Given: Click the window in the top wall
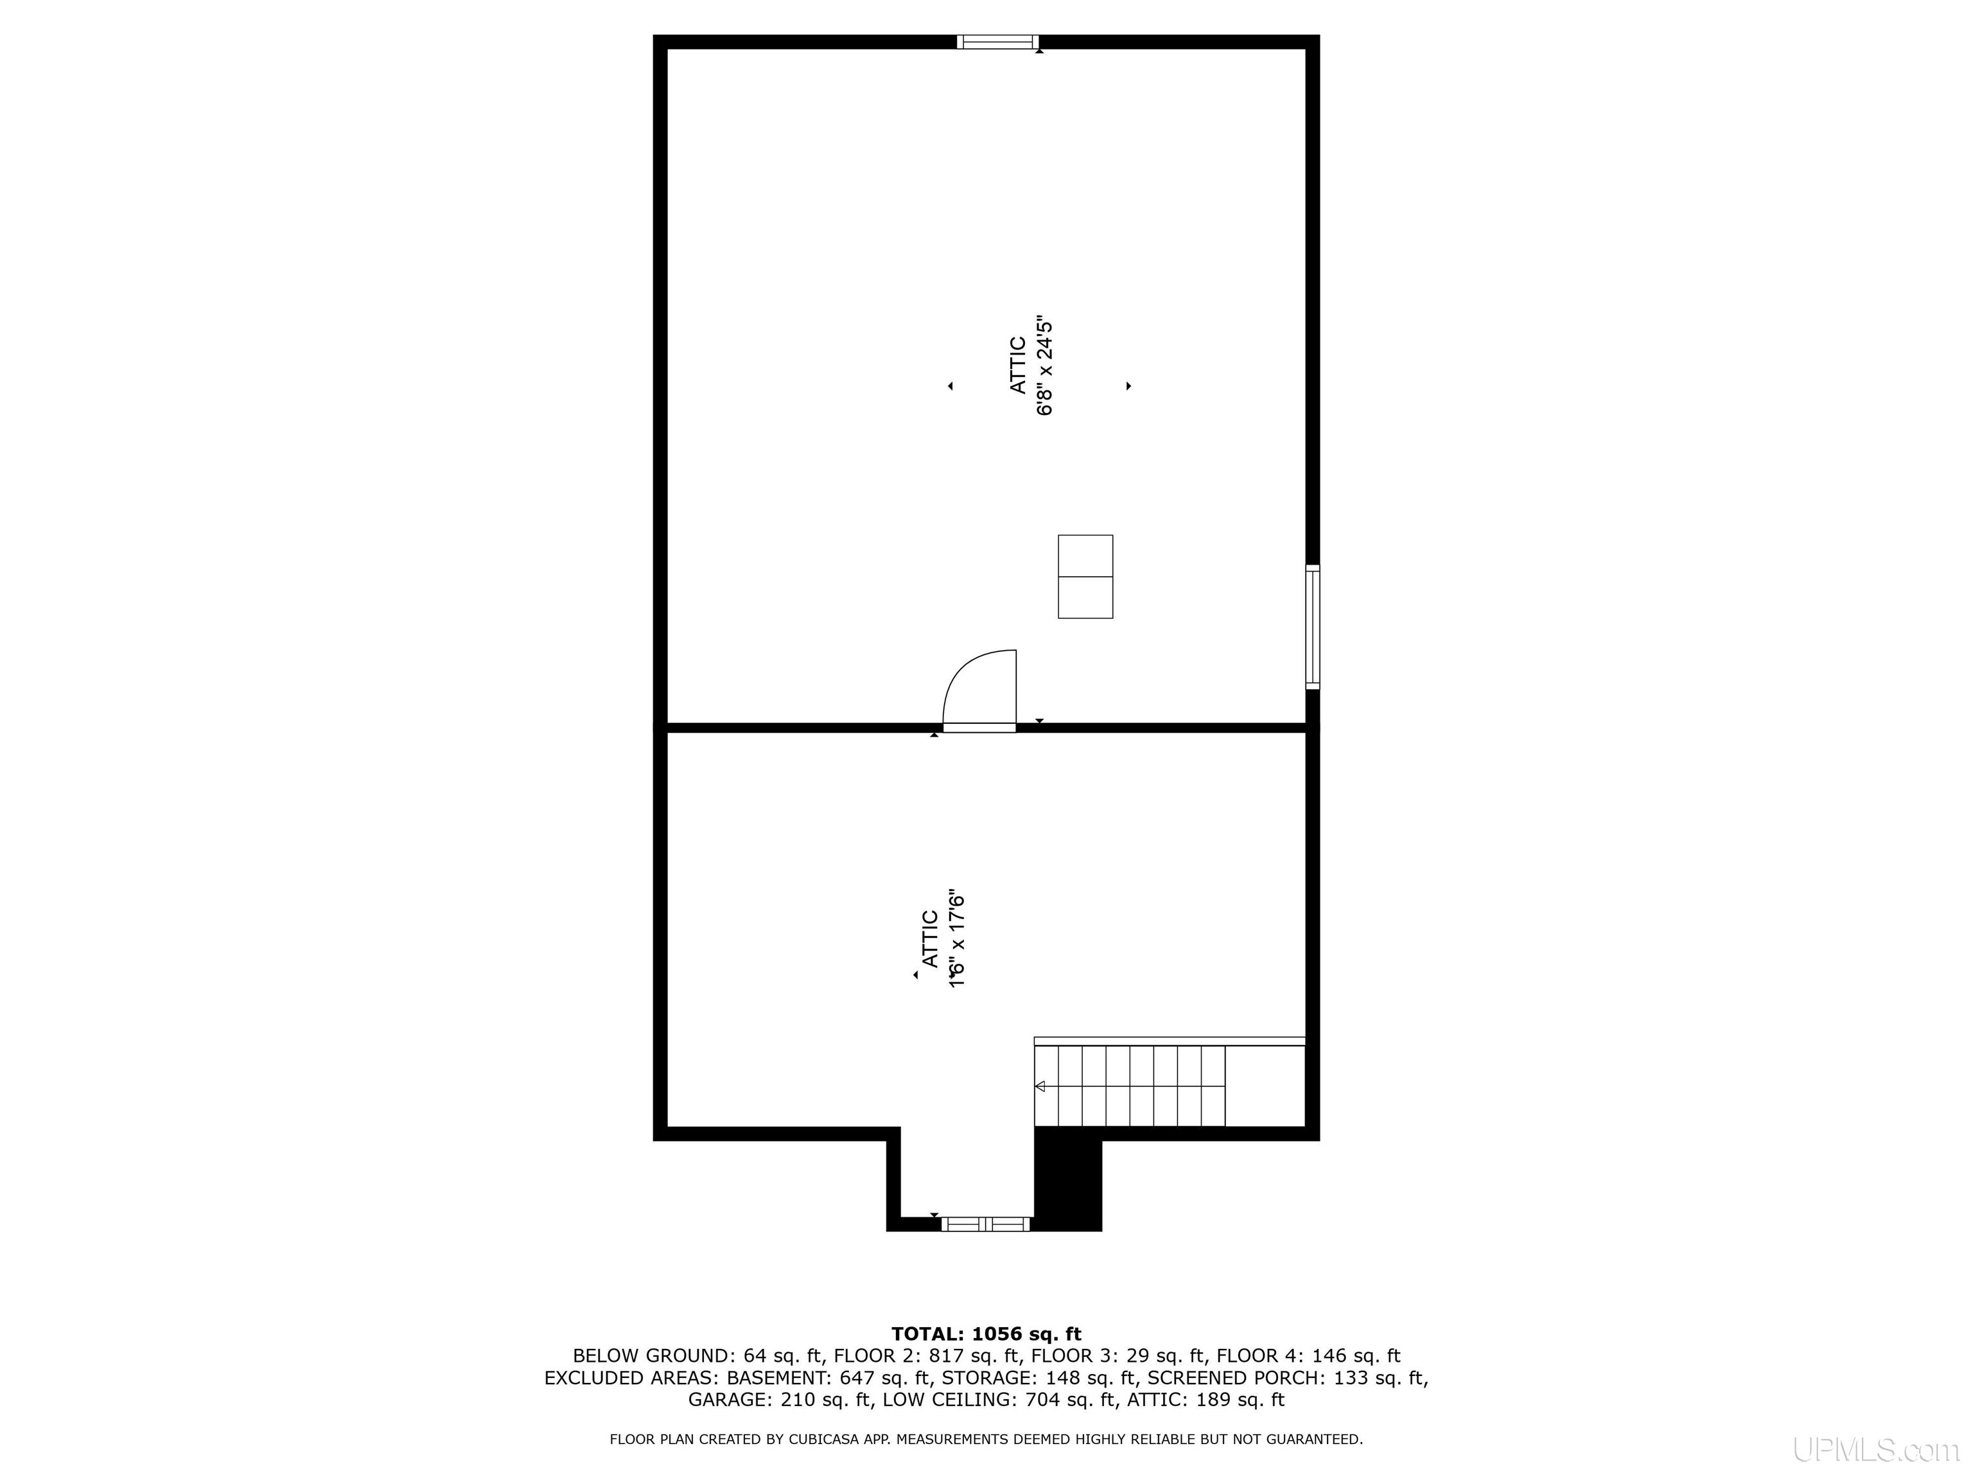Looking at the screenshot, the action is click(997, 41).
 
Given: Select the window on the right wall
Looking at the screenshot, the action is click(1312, 626).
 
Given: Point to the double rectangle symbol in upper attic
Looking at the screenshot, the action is click(1085, 576).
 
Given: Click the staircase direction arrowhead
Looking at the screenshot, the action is click(1040, 1087).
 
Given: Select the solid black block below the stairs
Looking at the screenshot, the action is click(1067, 1179).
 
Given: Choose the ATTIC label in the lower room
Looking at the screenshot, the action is click(929, 938).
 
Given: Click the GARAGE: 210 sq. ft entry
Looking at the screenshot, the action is click(780, 1400).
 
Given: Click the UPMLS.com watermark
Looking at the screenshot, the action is click(1876, 1450).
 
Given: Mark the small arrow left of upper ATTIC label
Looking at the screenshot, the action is click(951, 386).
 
